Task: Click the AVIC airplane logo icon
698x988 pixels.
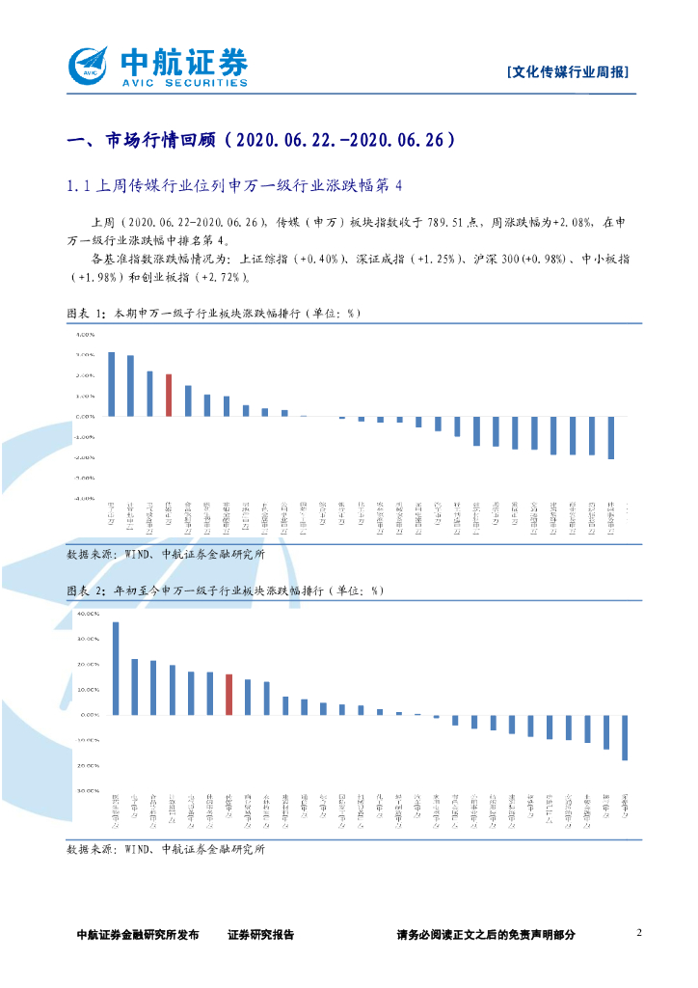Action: [x=89, y=66]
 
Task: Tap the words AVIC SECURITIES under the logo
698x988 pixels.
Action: [x=182, y=83]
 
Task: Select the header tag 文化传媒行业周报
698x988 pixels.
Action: [x=569, y=72]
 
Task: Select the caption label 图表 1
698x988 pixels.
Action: [x=86, y=314]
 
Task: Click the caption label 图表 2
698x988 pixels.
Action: [x=86, y=590]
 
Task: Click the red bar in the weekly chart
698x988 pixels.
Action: [x=169, y=395]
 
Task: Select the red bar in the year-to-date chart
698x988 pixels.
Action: [x=228, y=695]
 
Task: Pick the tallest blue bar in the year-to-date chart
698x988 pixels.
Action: [x=116, y=669]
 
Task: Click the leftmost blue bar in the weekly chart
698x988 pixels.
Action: [x=111, y=384]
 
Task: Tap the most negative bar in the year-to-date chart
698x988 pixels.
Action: [x=625, y=737]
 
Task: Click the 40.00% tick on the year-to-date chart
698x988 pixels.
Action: [x=88, y=614]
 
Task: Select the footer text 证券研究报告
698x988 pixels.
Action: [x=260, y=934]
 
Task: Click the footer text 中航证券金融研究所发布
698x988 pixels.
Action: [x=138, y=934]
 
